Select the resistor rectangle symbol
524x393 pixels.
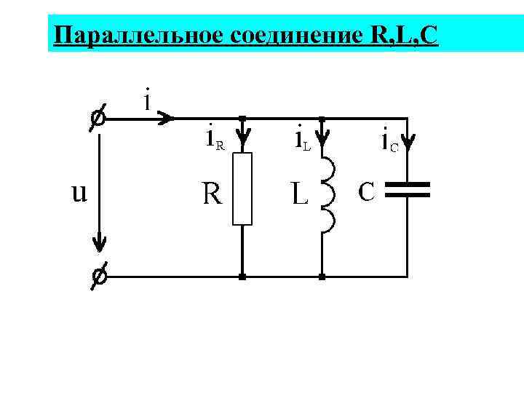click(242, 188)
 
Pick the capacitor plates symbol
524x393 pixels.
click(408, 191)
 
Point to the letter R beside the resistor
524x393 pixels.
click(213, 194)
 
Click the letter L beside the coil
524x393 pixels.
click(298, 194)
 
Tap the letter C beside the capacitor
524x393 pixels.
click(367, 191)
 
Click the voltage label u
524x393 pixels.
click(79, 193)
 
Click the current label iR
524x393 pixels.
click(214, 138)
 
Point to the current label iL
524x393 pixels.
click(302, 138)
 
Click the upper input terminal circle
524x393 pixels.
click(97, 116)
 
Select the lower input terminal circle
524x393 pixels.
click(97, 277)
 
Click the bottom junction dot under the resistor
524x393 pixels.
click(242, 277)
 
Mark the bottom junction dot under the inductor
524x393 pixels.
click(323, 277)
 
